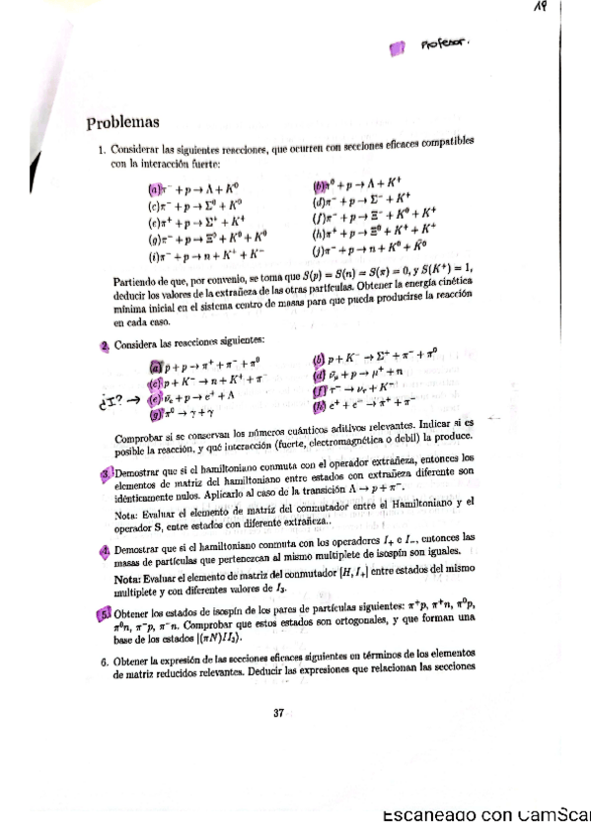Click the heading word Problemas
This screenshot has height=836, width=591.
tap(122, 123)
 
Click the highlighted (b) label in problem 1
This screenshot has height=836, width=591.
tap(319, 183)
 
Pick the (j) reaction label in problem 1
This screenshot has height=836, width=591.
tap(318, 255)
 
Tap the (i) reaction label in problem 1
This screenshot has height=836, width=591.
tap(153, 258)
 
